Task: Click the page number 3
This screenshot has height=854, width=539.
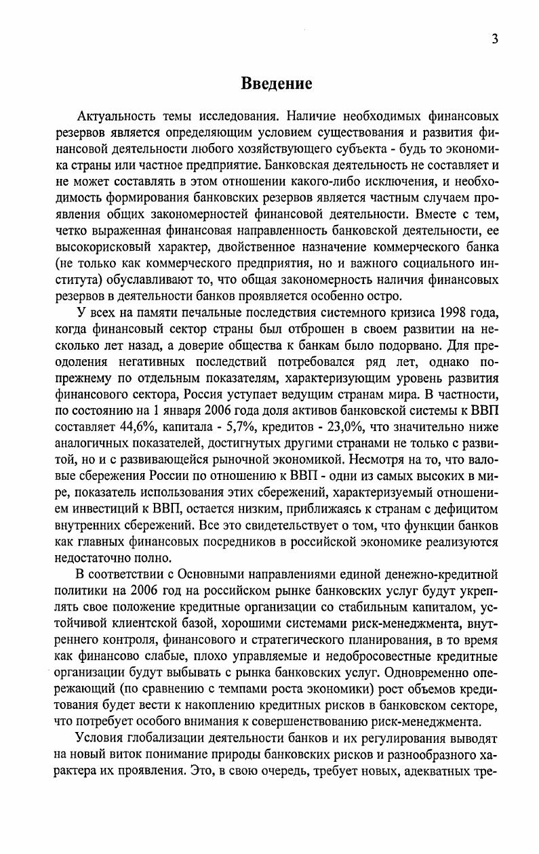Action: click(495, 39)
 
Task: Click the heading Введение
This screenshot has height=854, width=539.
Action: click(277, 83)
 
